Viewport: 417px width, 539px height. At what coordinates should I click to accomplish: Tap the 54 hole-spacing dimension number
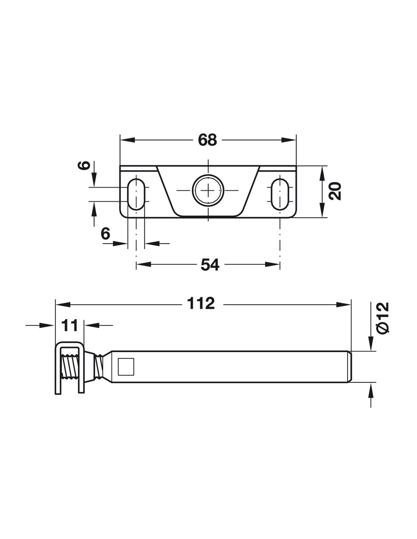coord(210,265)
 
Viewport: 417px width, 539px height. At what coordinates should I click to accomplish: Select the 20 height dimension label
coord(335,191)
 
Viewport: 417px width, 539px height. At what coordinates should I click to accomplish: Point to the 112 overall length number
coord(201,304)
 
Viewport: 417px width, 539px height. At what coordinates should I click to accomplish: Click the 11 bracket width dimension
coord(69,325)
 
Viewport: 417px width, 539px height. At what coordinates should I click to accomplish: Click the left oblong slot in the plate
coord(136,194)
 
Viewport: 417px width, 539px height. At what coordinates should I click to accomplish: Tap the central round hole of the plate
coord(208,190)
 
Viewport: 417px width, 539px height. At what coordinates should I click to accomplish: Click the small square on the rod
coord(126,367)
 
